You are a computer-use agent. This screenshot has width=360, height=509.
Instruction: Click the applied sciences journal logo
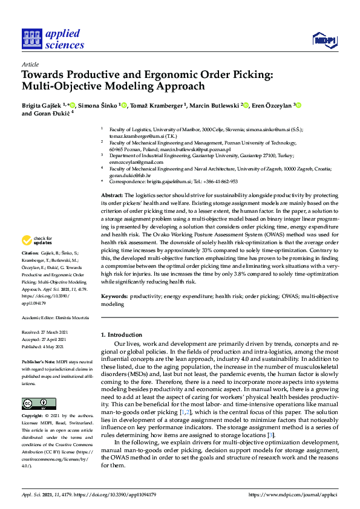[x=53, y=38]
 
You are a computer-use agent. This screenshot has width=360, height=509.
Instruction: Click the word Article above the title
[x=30, y=64]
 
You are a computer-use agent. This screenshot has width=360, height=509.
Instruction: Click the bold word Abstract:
[x=111, y=196]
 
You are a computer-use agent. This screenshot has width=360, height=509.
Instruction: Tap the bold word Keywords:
[x=114, y=297]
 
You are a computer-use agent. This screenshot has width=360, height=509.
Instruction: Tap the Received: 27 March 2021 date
[x=45, y=332]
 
